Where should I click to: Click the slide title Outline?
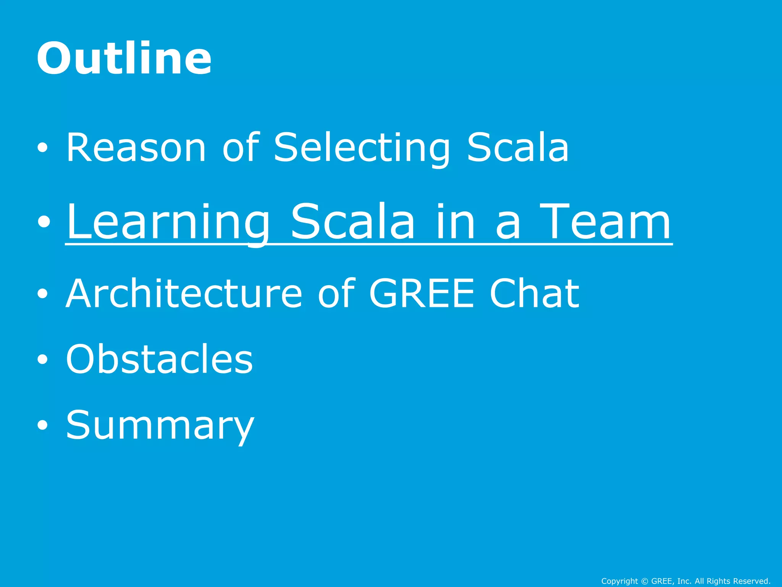(x=124, y=58)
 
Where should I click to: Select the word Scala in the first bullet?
(x=518, y=148)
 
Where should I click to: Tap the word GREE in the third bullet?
(x=422, y=293)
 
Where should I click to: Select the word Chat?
(x=534, y=293)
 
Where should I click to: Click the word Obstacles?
(x=159, y=359)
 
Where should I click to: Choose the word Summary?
(x=160, y=425)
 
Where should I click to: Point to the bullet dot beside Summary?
(x=43, y=425)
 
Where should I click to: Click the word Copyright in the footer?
(x=619, y=581)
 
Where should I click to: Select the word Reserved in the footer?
(x=751, y=581)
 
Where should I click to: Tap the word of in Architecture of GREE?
(x=336, y=293)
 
